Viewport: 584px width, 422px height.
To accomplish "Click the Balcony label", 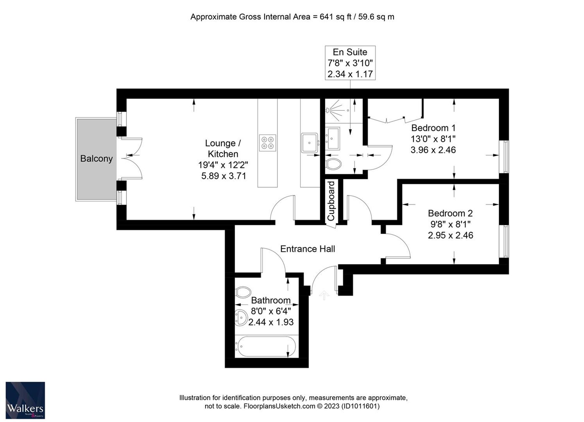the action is tap(96, 159).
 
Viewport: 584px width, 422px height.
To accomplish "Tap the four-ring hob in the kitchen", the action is tap(267, 143).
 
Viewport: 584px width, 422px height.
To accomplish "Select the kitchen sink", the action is tap(310, 143).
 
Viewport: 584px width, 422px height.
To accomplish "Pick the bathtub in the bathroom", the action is tap(265, 346).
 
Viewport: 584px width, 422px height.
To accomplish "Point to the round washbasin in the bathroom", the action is tap(241, 318).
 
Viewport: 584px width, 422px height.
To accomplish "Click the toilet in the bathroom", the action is tap(243, 292).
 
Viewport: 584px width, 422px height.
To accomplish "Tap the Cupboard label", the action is tap(331, 201).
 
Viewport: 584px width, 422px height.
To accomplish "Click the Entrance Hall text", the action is tap(307, 249).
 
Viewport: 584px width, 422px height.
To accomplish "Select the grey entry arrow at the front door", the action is tap(324, 295).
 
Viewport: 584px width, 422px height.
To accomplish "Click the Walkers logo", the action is tap(25, 400).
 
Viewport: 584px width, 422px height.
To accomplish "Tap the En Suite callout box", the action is tap(350, 63).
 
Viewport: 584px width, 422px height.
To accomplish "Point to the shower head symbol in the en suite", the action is tap(328, 110).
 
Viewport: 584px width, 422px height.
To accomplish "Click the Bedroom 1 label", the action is tap(433, 128).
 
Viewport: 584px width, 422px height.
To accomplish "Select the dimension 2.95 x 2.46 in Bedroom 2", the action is tap(451, 235).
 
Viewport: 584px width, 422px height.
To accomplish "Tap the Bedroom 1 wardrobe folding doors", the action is tap(395, 119).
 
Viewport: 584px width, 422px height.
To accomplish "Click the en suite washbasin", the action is tap(333, 138).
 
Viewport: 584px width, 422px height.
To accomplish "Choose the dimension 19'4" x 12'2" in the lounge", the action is tap(223, 165).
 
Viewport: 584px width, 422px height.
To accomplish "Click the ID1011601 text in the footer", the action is tap(361, 406).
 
